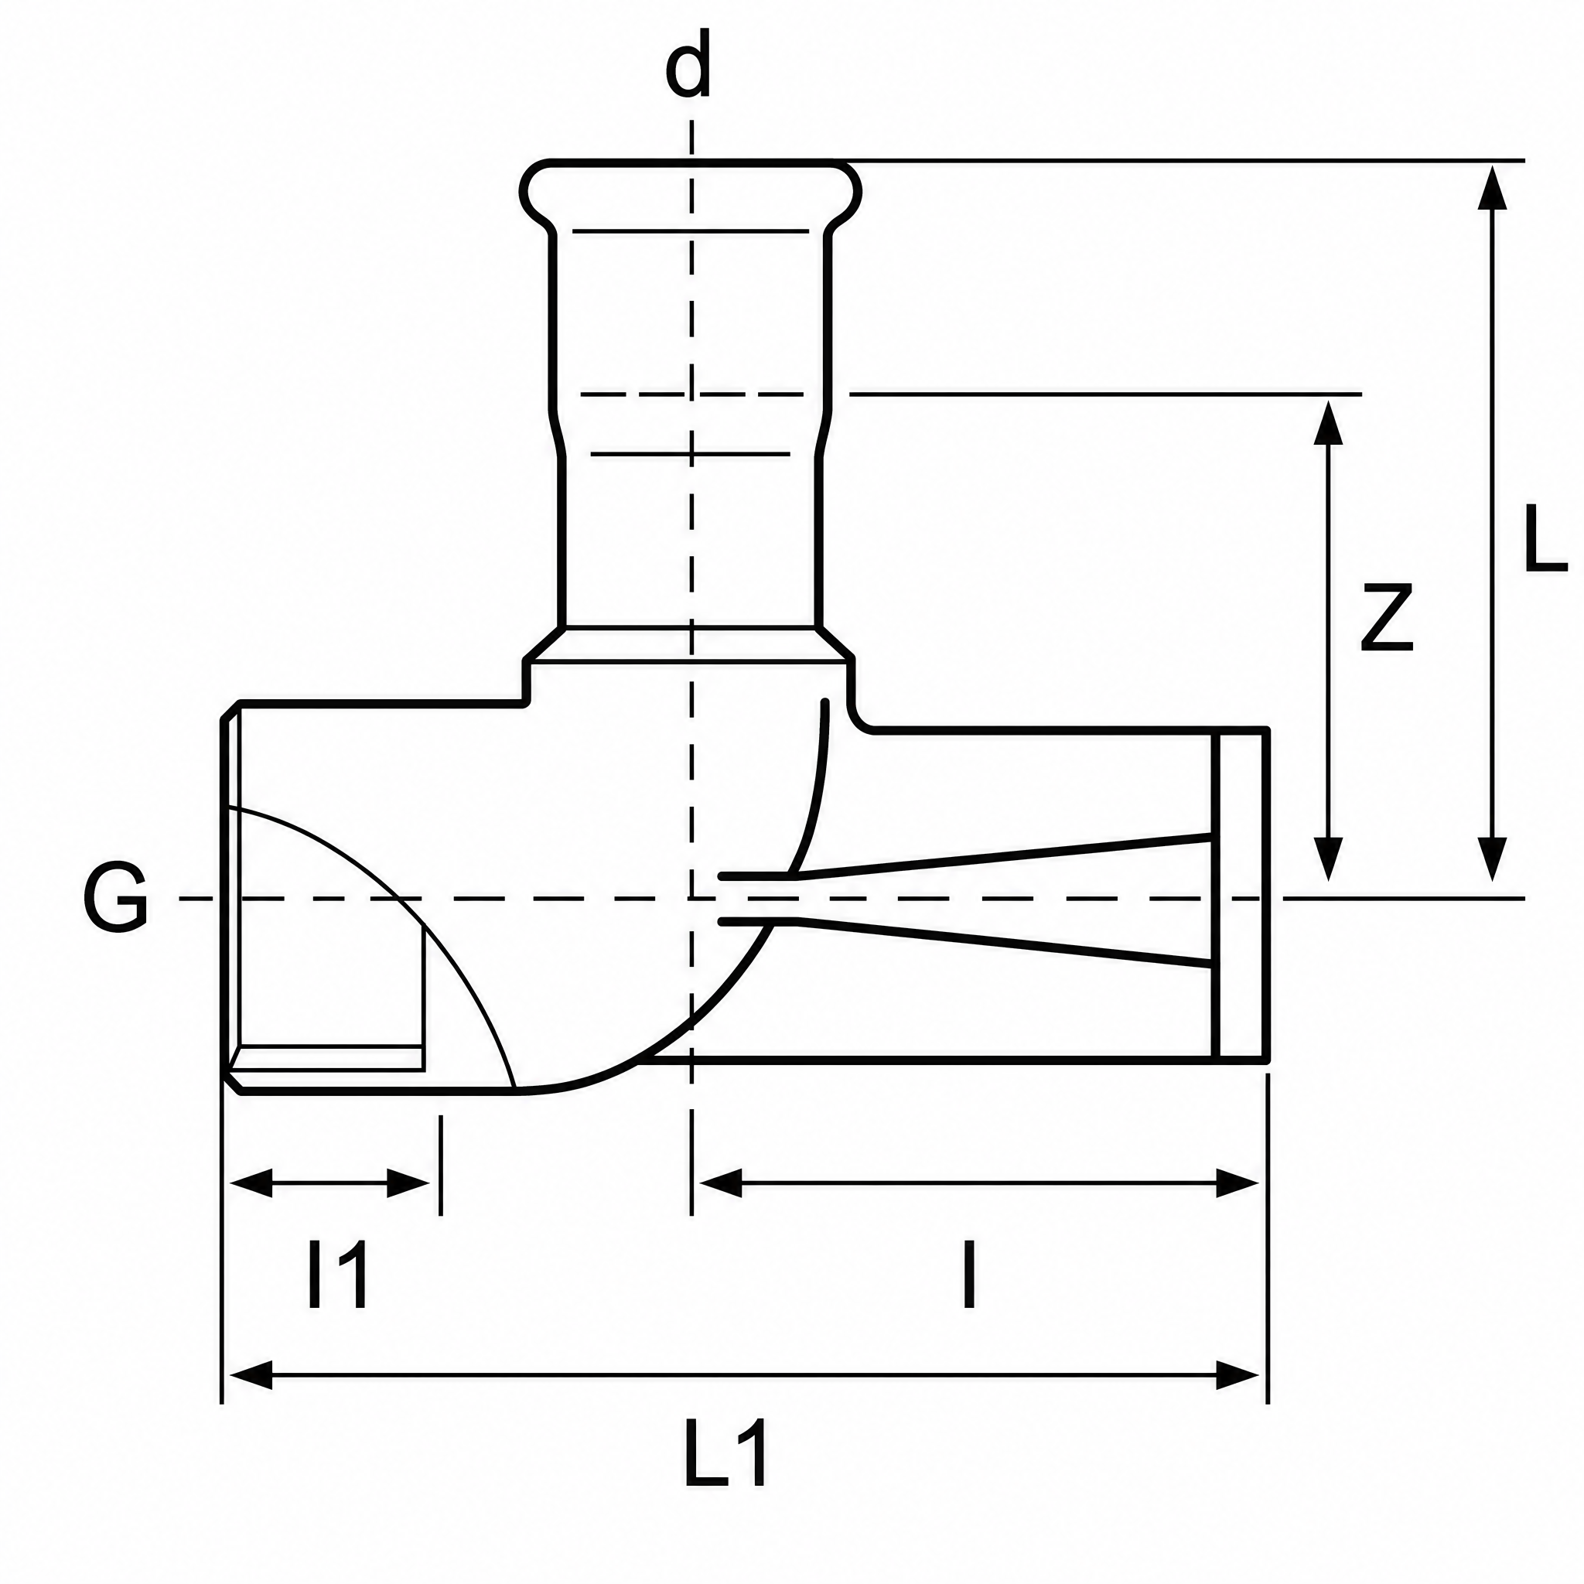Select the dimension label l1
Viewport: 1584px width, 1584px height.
tap(337, 1275)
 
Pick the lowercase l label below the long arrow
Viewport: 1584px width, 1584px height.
tap(970, 1275)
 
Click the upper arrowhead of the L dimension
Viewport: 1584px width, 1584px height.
tap(1491, 188)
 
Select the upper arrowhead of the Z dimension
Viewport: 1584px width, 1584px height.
tap(1327, 422)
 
